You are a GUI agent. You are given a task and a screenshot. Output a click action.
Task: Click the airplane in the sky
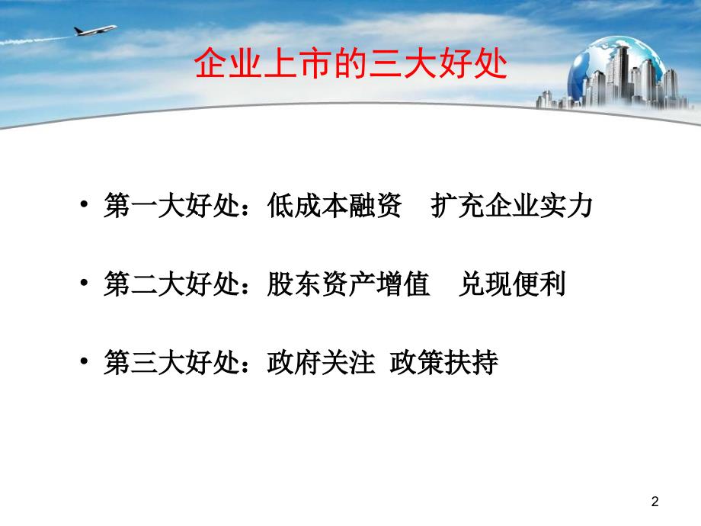click(92, 31)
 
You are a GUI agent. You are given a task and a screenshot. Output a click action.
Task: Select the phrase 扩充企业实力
click(511, 207)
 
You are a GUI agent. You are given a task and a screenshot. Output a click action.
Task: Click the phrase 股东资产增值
click(349, 285)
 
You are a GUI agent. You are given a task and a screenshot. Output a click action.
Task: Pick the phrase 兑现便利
click(512, 285)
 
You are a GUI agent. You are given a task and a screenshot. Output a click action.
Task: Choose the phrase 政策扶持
click(443, 364)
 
